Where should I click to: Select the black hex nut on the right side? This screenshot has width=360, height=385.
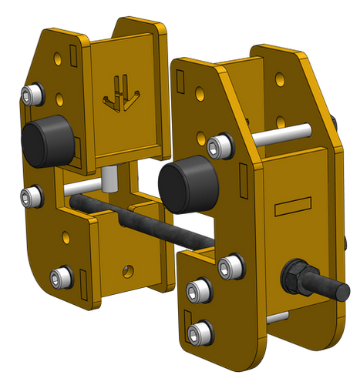[296, 276]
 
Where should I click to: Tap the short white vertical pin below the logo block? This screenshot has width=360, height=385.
[109, 179]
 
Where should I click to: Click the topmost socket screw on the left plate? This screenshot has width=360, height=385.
[32, 95]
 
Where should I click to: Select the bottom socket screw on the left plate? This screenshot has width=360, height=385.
[61, 276]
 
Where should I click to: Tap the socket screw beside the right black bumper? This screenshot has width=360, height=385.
[221, 144]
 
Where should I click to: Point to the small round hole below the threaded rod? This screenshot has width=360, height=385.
[128, 270]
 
